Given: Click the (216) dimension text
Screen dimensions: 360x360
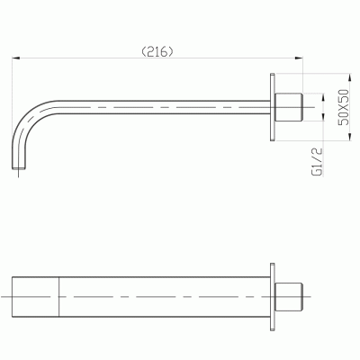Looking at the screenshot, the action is coord(157,52).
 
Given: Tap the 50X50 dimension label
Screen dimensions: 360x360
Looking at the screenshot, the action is coord(343,107).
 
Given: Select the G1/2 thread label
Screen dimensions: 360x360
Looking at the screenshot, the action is coord(317,161).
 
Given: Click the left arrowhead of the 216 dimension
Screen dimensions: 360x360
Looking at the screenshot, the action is coord(15,58).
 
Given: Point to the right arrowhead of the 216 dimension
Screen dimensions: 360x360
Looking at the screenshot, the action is coord(299,58).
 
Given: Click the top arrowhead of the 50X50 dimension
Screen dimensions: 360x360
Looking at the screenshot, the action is coord(349,77).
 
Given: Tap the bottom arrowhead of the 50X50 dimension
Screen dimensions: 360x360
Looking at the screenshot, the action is coord(349,136).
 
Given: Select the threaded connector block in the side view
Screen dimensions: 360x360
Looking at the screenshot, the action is coord(288,107).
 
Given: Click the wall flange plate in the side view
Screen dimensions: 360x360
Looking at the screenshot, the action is coord(273,107).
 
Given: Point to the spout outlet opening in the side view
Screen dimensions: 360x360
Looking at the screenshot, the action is coord(19,168).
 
